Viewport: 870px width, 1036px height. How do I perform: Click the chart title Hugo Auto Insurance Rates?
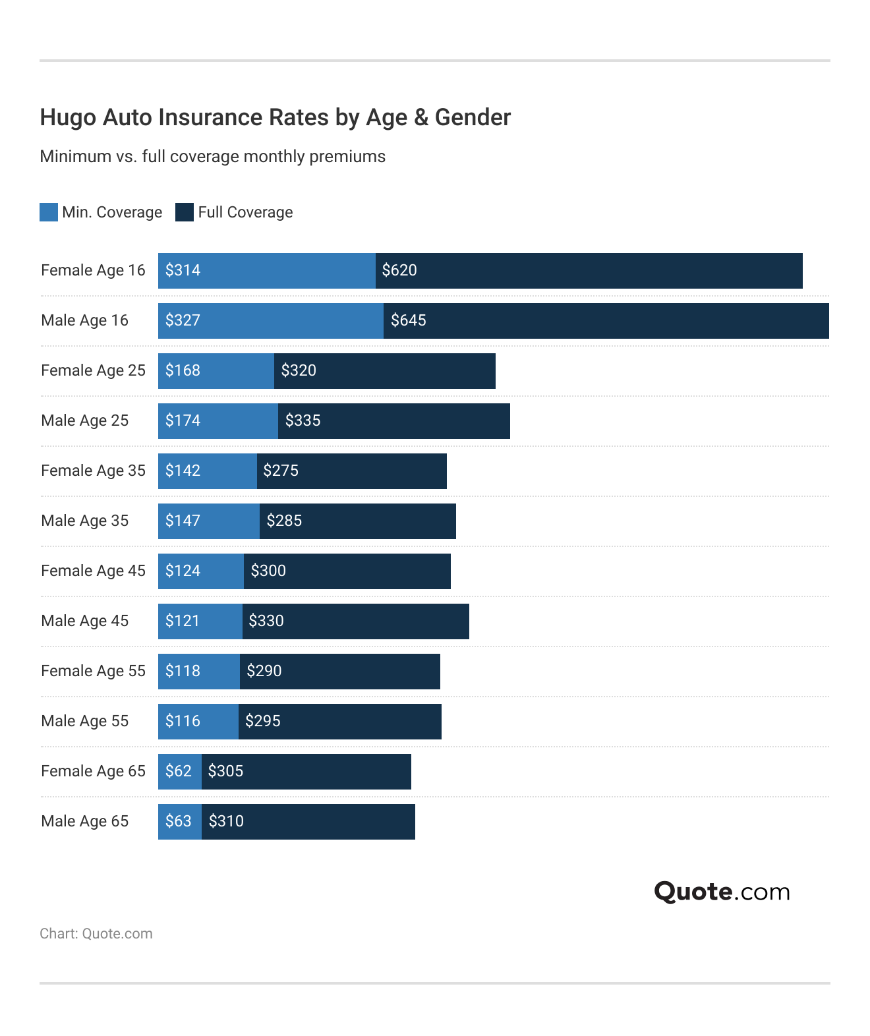[275, 117]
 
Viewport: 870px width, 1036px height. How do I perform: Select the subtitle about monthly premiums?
[212, 157]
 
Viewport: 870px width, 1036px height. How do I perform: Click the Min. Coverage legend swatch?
[49, 212]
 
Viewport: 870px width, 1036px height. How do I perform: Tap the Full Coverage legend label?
[245, 212]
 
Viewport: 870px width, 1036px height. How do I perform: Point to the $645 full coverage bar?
[606, 321]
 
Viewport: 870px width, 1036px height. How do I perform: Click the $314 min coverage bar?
[266, 271]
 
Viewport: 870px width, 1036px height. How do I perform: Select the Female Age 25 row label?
[93, 370]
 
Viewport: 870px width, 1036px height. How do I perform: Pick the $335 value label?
[303, 420]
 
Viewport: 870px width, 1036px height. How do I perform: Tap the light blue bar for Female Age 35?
[207, 471]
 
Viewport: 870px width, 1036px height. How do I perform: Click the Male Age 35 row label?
[84, 521]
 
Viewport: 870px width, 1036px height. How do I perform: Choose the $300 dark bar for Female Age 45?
[347, 571]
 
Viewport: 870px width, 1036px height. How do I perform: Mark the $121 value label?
[182, 621]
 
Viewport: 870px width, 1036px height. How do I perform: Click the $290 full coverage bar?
[339, 672]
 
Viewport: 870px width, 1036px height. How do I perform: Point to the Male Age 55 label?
[84, 721]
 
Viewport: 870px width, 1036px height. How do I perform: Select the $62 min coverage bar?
[179, 772]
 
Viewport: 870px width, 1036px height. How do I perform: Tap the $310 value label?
[226, 821]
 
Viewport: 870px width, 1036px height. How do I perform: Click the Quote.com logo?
[722, 892]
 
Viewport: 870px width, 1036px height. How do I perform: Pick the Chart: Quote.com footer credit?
[96, 934]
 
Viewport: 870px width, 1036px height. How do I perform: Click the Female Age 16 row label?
[93, 270]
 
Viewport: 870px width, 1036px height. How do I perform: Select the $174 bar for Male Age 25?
[217, 421]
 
